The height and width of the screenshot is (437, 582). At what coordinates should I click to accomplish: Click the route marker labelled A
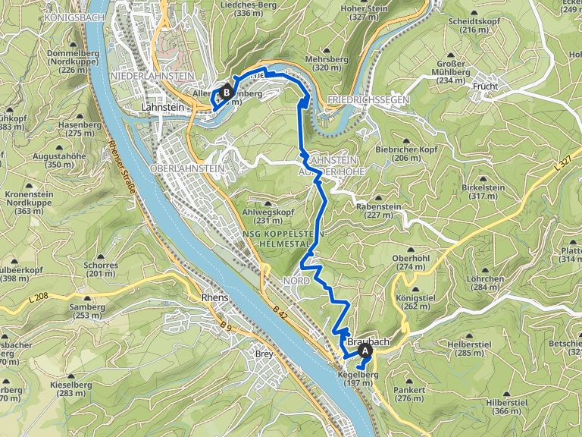point(365,351)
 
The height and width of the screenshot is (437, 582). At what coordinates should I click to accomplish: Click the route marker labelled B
point(226,93)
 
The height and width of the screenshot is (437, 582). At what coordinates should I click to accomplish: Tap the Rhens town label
point(215,298)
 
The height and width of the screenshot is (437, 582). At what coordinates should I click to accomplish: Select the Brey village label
point(264,354)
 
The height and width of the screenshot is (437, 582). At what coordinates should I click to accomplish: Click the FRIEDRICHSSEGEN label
point(369,100)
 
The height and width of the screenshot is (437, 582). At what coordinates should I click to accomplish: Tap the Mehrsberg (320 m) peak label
point(325,62)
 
